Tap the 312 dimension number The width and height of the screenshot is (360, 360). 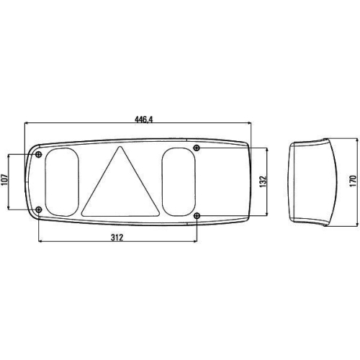[116, 238]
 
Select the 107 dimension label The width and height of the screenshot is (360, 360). [4, 181]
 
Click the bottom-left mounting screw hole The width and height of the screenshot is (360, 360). [38, 210]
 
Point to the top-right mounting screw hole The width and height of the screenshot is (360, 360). [197, 148]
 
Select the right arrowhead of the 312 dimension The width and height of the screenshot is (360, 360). [195, 242]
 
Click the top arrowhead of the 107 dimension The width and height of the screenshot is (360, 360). [9, 156]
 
